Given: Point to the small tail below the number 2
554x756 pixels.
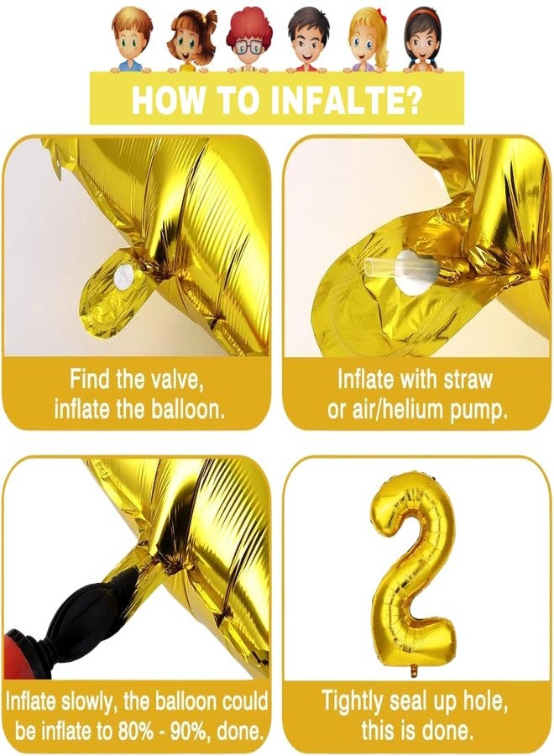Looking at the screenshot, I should point(412,671).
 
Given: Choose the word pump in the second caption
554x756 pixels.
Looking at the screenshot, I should point(481,411).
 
